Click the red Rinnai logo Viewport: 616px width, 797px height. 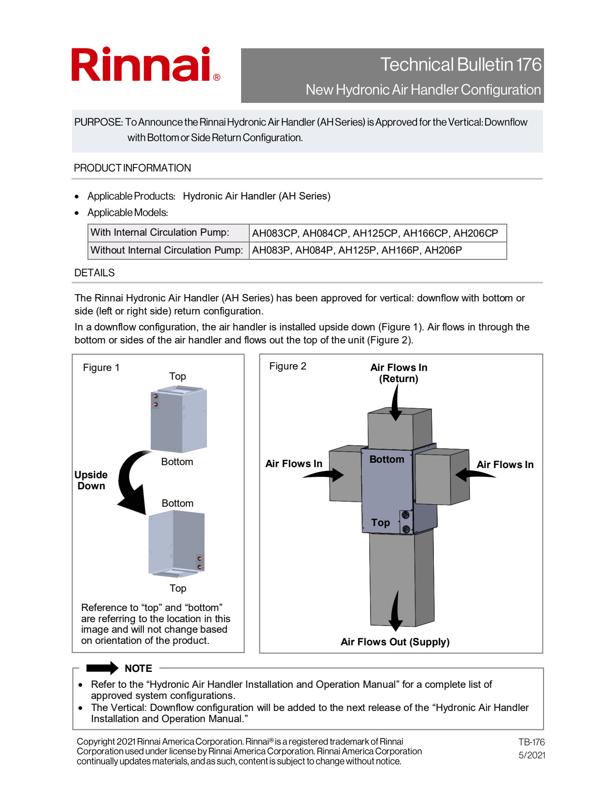tap(145, 65)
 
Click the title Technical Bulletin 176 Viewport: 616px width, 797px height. tap(460, 65)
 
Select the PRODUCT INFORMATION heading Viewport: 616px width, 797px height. tap(132, 168)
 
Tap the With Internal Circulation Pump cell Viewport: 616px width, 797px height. tap(160, 233)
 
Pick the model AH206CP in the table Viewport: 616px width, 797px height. tap(475, 233)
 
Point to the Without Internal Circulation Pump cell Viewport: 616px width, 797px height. tap(167, 251)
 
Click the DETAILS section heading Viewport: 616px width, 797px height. tap(95, 273)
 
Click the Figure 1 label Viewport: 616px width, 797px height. tap(101, 368)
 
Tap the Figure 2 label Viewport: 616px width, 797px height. tap(287, 366)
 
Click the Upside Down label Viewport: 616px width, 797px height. tap(91, 480)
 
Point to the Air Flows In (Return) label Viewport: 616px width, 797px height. tap(399, 373)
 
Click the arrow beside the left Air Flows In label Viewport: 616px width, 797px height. tap(324, 475)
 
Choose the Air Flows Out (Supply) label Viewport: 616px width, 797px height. tap(395, 642)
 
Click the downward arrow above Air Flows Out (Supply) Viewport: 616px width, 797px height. tap(396, 611)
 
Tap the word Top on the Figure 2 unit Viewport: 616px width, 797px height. tap(380, 523)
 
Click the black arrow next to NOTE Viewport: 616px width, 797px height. tap(102, 668)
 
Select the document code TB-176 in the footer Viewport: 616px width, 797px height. tap(531, 742)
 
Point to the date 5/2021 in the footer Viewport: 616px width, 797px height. tap(532, 755)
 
